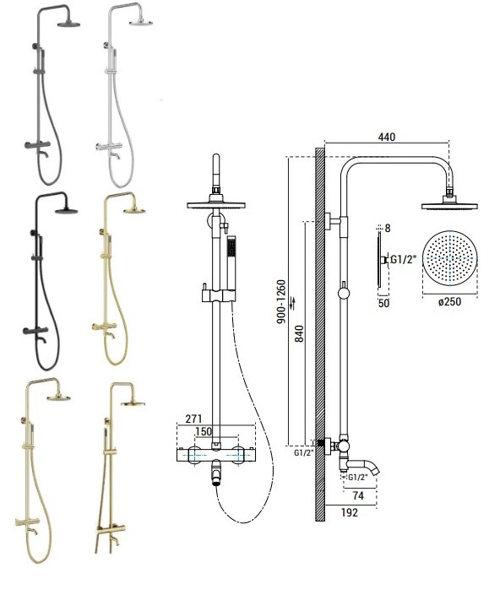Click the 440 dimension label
(386, 137)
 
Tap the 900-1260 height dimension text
(281, 301)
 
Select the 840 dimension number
(300, 333)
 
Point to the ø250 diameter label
(449, 301)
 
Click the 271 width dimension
(193, 419)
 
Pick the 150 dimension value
(204, 431)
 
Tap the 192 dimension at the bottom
(350, 512)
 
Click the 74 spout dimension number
(358, 495)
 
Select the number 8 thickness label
(388, 229)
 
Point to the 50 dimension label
(383, 303)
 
